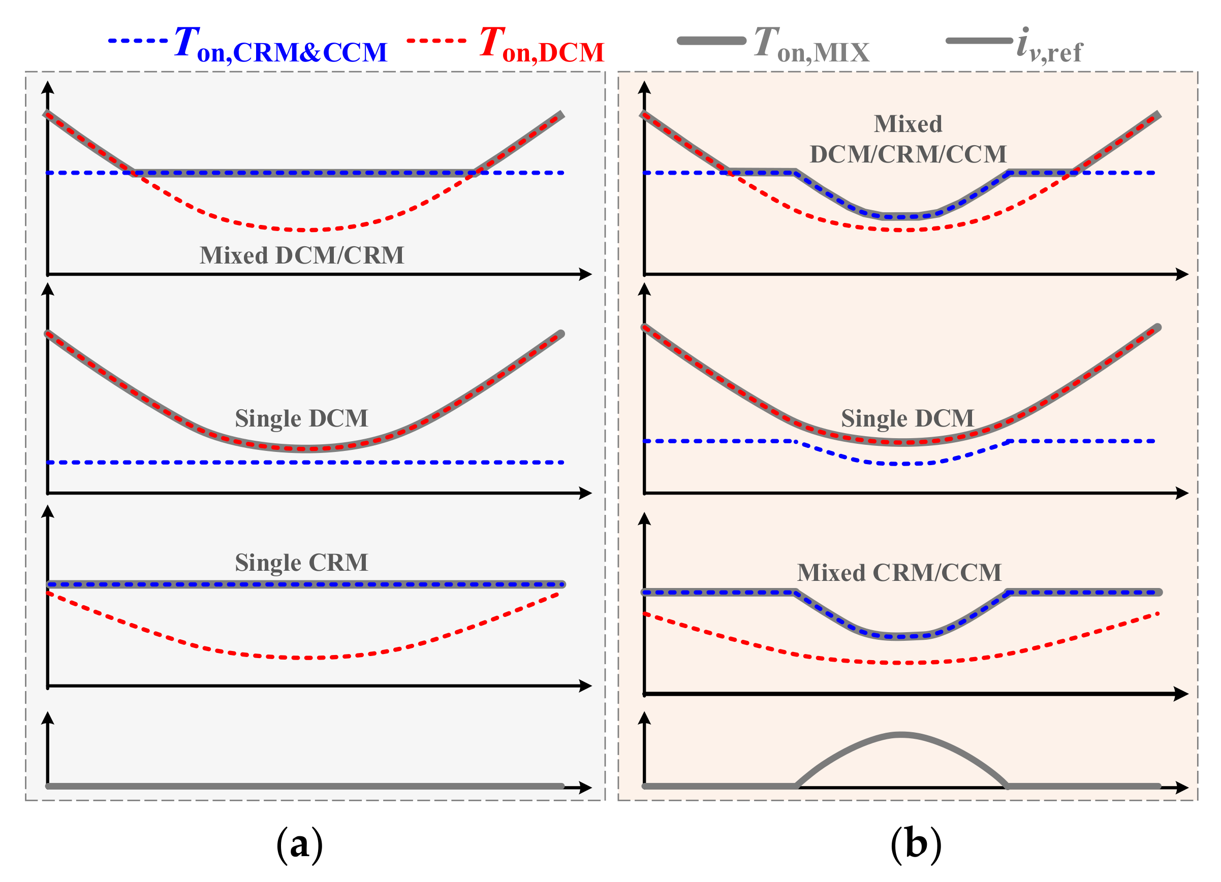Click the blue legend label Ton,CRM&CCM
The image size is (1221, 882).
[280, 44]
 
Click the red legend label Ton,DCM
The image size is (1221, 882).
[542, 44]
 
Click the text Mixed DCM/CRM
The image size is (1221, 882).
[301, 255]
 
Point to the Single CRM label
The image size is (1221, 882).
[301, 562]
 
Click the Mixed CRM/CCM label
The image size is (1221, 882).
[899, 572]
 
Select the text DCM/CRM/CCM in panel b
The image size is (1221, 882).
[907, 154]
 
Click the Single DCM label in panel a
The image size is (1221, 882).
[301, 418]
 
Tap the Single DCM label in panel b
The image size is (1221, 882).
[907, 418]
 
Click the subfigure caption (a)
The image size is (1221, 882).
[299, 844]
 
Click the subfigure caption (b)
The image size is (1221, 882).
[916, 844]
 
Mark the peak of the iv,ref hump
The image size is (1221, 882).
[901, 734]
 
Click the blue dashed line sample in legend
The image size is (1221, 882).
[138, 40]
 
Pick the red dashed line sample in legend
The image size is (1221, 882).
[436, 40]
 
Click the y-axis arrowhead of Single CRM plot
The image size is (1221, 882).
[48, 511]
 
